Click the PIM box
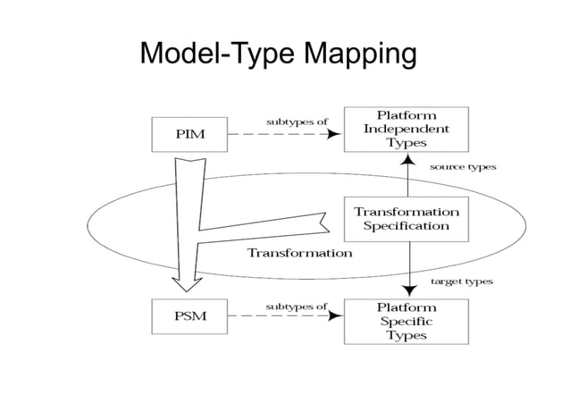coord(191,134)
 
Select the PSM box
coord(191,315)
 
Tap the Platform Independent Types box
coord(407,129)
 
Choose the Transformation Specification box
coord(407,219)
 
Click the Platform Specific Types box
coord(407,321)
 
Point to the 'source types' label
coord(463,167)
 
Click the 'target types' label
coord(462,281)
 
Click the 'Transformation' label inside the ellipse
coord(299,253)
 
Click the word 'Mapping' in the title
coord(360,55)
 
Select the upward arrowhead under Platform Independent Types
coord(407,160)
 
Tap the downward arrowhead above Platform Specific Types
coord(407,290)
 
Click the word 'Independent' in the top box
coord(407,129)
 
